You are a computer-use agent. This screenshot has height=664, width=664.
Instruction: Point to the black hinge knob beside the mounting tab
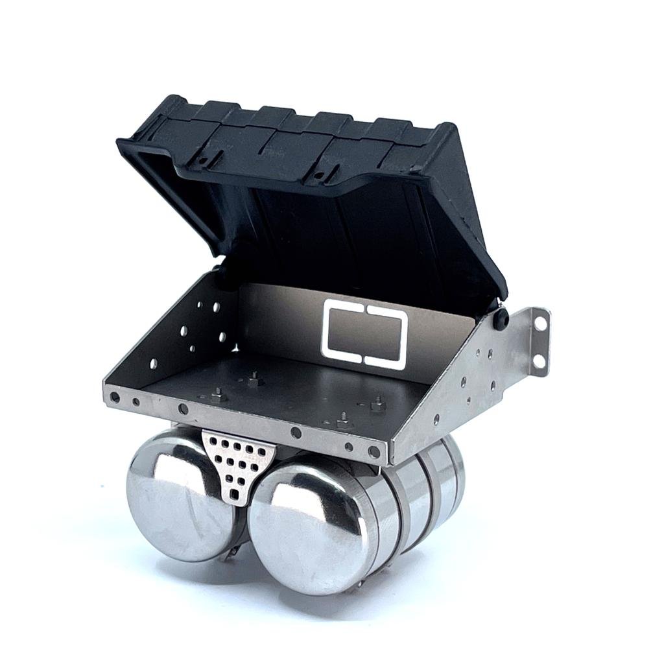click(501, 318)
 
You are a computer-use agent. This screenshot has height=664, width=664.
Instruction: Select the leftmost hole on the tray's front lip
click(115, 397)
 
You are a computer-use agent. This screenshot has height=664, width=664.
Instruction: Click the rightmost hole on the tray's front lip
click(373, 452)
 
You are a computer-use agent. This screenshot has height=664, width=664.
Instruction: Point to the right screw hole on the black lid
click(317, 174)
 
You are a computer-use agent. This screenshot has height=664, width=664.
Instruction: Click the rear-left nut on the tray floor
click(253, 378)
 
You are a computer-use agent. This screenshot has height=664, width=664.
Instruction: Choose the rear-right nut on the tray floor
click(374, 406)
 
